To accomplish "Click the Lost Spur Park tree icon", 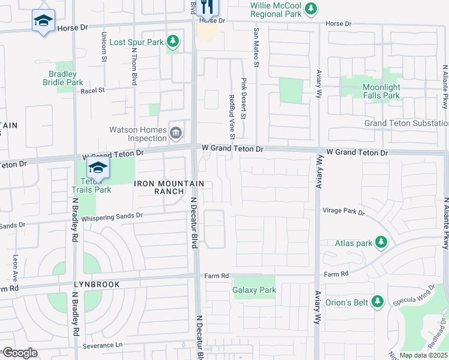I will click(173, 42).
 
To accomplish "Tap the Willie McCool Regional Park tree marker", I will click(310, 8).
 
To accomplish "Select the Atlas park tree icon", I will click(381, 242).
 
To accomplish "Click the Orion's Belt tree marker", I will click(378, 301).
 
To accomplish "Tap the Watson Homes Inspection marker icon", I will click(175, 133).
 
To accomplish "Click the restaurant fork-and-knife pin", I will click(205, 6).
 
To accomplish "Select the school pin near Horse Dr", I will click(43, 22).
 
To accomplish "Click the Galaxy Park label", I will click(254, 290).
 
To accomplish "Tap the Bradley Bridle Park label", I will click(66, 78).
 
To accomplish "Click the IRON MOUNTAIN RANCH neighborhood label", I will click(161, 187).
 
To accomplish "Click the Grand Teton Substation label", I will click(406, 124).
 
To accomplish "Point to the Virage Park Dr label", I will click(343, 211).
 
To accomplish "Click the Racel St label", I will click(92, 90).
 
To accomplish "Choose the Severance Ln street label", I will click(102, 346).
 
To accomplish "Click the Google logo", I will click(19, 353).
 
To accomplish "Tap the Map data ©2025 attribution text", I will click(423, 355).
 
